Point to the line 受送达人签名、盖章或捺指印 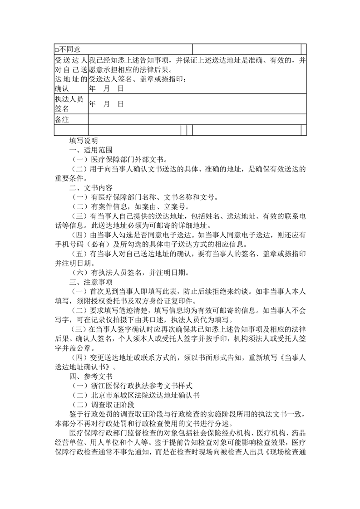point(138,79)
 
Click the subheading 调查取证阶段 point(112,404)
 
